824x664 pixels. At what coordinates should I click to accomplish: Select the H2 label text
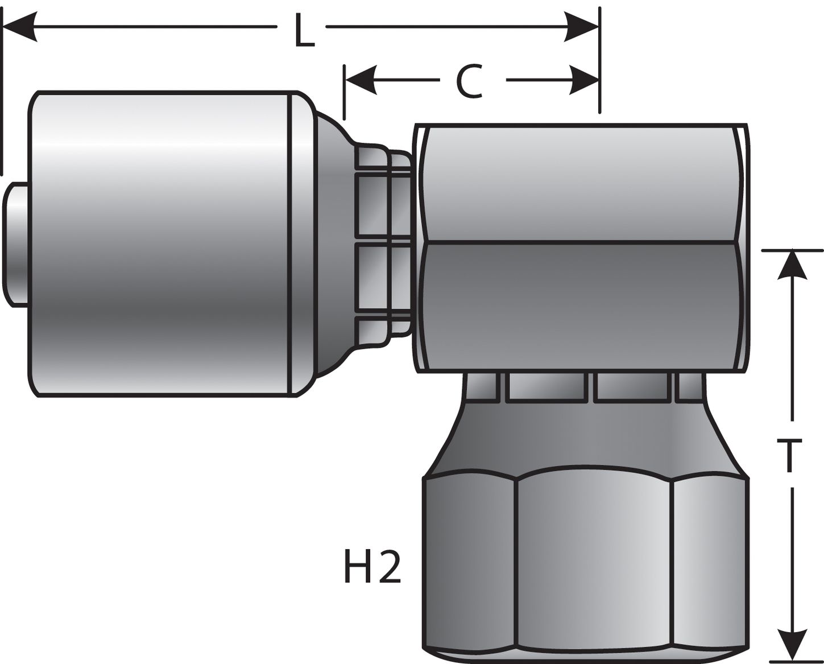coord(373,566)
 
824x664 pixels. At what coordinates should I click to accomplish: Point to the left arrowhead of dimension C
coord(361,80)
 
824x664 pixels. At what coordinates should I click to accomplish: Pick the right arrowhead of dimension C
coord(584,80)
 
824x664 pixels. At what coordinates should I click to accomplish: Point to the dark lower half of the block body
coord(580,307)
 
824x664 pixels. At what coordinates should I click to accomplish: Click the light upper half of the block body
coord(580,182)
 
